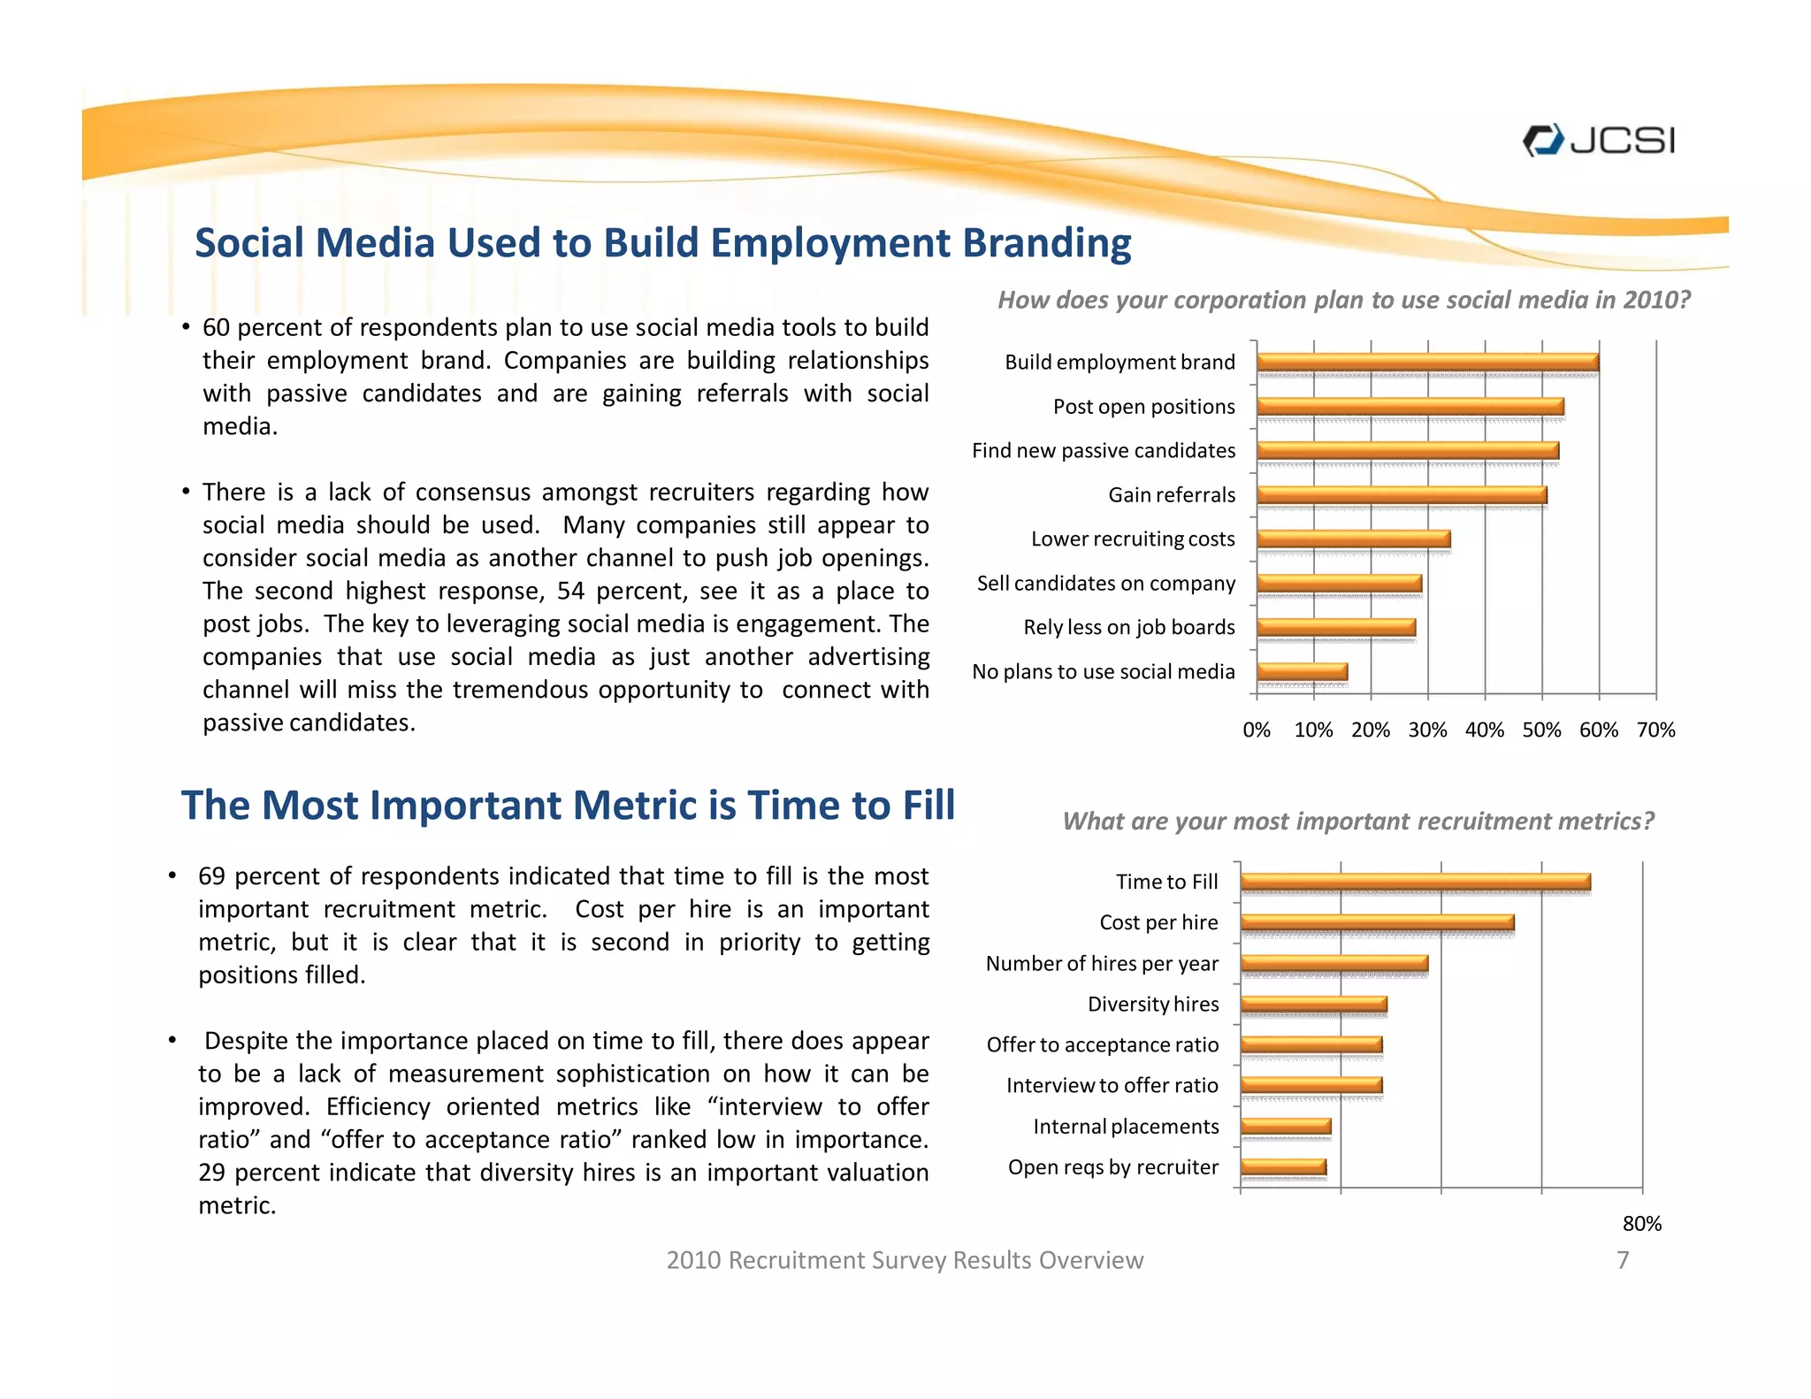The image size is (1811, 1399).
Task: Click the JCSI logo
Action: tap(1599, 141)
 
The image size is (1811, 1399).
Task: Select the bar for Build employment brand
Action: tap(1426, 362)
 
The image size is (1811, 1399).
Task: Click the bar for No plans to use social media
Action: tap(1302, 671)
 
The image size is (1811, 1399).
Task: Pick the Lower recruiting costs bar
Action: tap(1353, 539)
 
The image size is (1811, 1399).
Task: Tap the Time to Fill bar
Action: tap(1415, 882)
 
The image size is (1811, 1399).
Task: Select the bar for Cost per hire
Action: tap(1377, 922)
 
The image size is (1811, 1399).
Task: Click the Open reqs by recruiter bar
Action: tap(1283, 1166)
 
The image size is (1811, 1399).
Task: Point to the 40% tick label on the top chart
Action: tap(1484, 730)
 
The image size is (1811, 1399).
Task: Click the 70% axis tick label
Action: tap(1655, 730)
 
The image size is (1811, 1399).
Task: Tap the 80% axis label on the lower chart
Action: tap(1641, 1224)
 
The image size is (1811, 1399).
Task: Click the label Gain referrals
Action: tap(1172, 495)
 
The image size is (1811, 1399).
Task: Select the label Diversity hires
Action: tap(1153, 1005)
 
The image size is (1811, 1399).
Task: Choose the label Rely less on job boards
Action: tap(1128, 628)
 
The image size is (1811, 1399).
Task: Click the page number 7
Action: tap(1623, 1260)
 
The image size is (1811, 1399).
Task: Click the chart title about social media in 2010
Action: tap(1343, 301)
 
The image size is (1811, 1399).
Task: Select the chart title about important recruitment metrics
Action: tap(1357, 822)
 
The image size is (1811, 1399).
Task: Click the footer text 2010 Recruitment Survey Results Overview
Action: tap(905, 1260)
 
